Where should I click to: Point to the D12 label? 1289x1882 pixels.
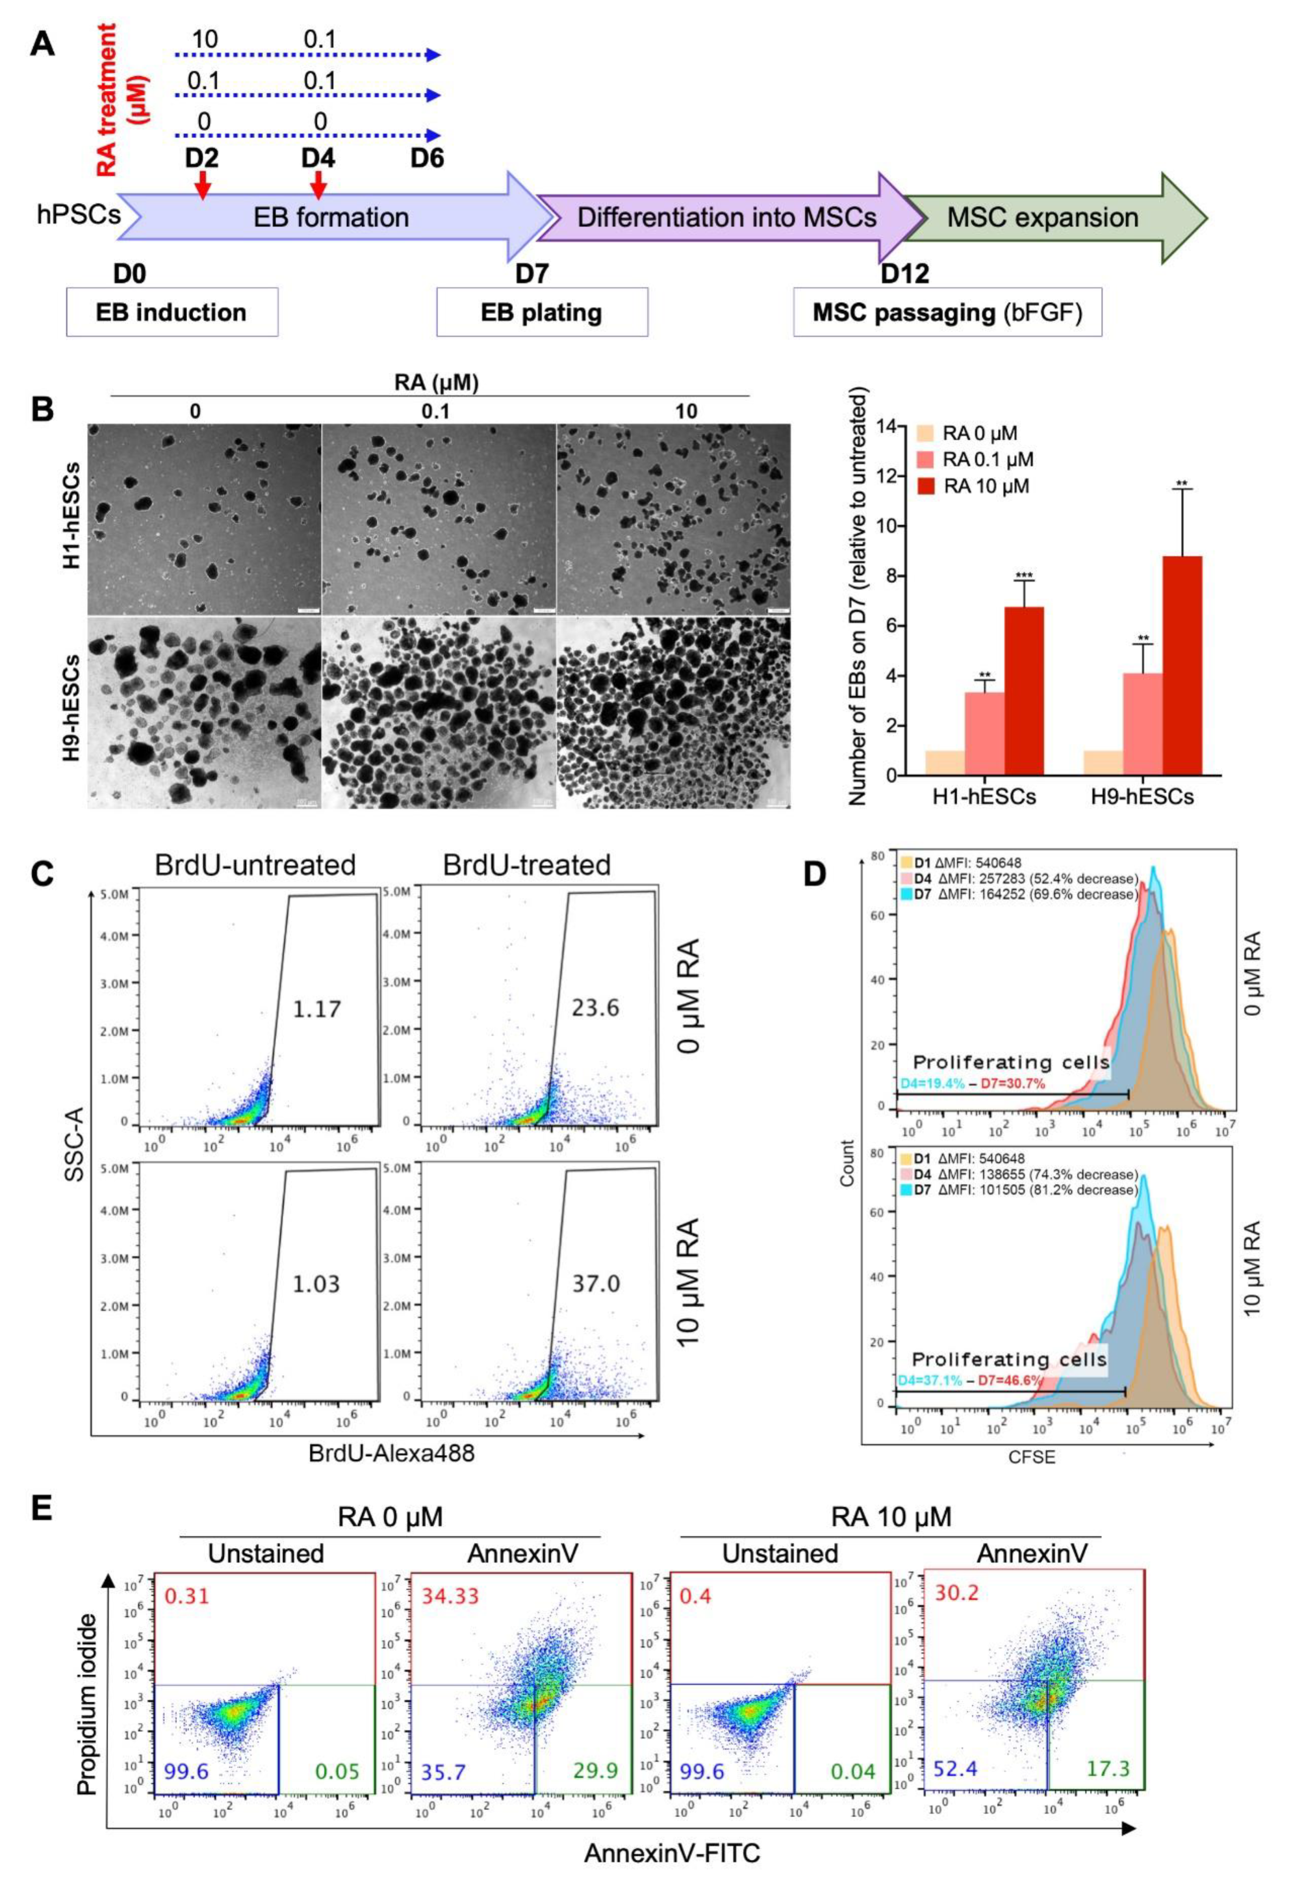pos(905,273)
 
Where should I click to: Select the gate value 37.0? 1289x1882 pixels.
pos(596,1284)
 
